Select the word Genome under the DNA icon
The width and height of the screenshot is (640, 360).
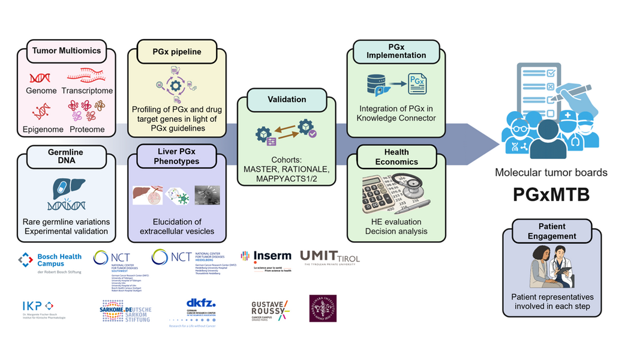pos(41,91)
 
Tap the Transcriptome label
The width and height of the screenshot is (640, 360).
pos(90,91)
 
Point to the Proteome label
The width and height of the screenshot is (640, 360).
pos(86,129)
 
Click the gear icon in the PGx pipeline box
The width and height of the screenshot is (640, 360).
pos(176,86)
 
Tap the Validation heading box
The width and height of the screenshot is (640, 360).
pos(286,100)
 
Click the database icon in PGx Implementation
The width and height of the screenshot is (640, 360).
pos(376,86)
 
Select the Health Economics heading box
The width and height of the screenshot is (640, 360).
pos(396,157)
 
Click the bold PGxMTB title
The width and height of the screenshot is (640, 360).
pos(551,196)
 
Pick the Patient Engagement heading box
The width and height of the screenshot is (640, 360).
pos(552,232)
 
